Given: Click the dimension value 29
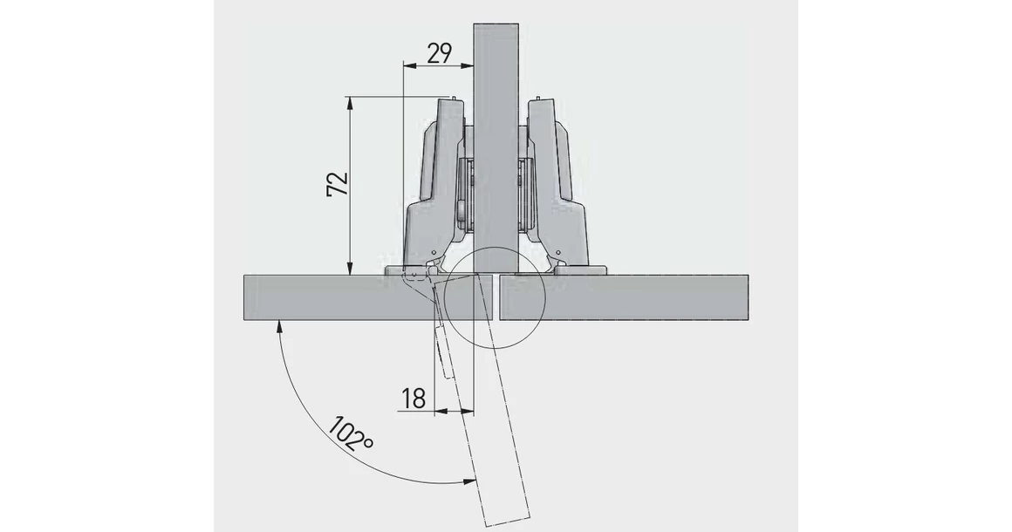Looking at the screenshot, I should [x=438, y=54].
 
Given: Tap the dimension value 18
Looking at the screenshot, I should [x=414, y=399].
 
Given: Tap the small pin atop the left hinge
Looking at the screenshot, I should [x=453, y=96].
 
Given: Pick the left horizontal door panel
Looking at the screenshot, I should [x=332, y=297].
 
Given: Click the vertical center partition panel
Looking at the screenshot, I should [x=496, y=131].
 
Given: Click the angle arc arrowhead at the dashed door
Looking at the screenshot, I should [x=471, y=482].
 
